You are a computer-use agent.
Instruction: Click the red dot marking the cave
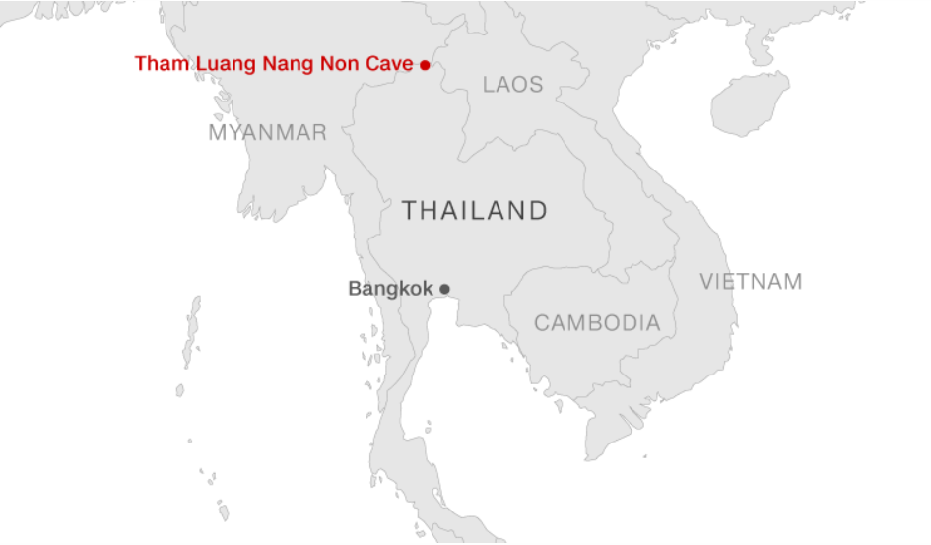tap(425, 65)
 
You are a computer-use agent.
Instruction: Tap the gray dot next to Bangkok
tap(444, 289)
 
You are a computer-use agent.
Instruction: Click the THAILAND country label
tap(475, 210)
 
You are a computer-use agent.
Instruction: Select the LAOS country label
tap(512, 85)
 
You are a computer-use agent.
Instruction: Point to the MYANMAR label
tap(267, 132)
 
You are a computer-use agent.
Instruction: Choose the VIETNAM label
tap(751, 282)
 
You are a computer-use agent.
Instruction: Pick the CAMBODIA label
tap(597, 323)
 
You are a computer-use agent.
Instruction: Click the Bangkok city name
tap(390, 289)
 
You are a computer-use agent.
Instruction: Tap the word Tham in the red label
tap(156, 64)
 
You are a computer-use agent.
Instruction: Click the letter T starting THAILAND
tap(408, 210)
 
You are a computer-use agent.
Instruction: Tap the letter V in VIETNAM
tap(706, 282)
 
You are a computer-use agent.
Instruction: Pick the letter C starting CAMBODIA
tap(541, 323)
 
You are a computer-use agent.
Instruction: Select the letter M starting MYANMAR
tap(217, 132)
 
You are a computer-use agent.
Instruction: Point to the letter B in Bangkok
tap(354, 289)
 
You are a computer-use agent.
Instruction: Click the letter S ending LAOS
tap(537, 85)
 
